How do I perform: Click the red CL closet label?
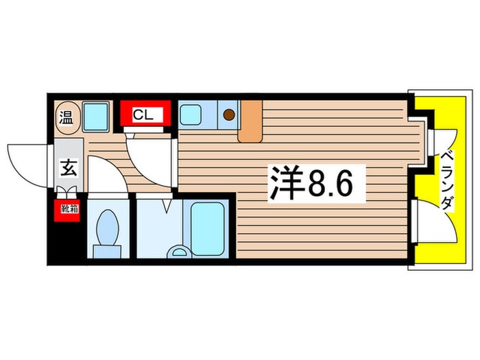point(143,115)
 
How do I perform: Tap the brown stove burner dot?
point(229,115)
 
